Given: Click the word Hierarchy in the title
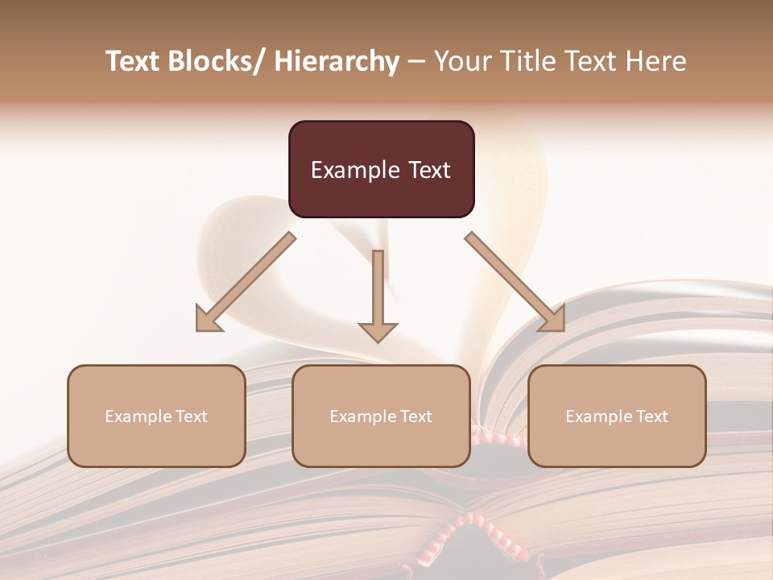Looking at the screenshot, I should [x=336, y=61].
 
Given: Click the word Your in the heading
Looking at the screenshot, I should [x=460, y=61].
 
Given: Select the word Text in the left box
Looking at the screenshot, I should [x=191, y=416].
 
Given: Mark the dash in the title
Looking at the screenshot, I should [x=416, y=61].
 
